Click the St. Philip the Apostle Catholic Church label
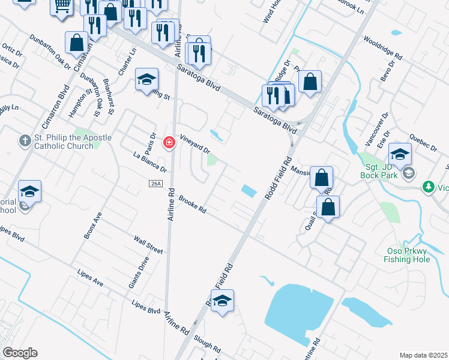(72, 142)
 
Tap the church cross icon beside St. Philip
(25, 142)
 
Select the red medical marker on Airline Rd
(169, 143)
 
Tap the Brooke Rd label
(192, 206)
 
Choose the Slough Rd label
(208, 346)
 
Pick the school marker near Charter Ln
(146, 80)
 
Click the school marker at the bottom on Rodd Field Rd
(222, 301)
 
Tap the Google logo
(20, 353)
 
